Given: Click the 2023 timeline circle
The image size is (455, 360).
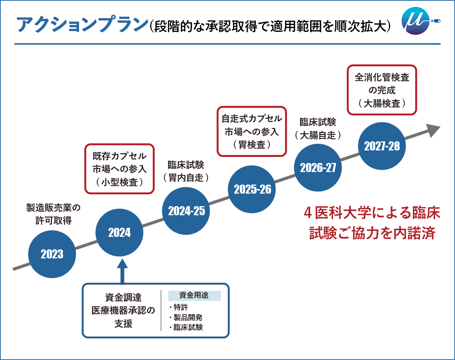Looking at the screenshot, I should tap(52, 254).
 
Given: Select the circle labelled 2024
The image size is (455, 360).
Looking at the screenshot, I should tap(119, 233).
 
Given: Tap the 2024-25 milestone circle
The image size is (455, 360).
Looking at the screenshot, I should tap(186, 211).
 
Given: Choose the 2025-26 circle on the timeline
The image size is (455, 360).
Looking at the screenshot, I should tap(253, 189).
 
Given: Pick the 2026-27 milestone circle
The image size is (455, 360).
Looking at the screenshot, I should tap(318, 168).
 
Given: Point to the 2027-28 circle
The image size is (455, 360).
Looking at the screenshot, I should tap(382, 146).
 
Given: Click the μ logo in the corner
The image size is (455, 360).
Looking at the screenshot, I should tap(416, 22).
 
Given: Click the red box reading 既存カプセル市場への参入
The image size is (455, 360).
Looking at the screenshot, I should tap(119, 169).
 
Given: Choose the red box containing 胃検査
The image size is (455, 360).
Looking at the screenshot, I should tap(252, 131).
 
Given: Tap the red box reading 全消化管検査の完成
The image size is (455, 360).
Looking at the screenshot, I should tap(382, 90).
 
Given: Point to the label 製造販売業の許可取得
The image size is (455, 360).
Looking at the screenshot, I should tap(53, 214).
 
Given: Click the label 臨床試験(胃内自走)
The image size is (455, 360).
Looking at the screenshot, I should tap(186, 171).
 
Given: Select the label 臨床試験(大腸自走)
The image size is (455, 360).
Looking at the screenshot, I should tap(318, 128).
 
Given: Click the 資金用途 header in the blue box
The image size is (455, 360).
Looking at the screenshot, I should tap(194, 296).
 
